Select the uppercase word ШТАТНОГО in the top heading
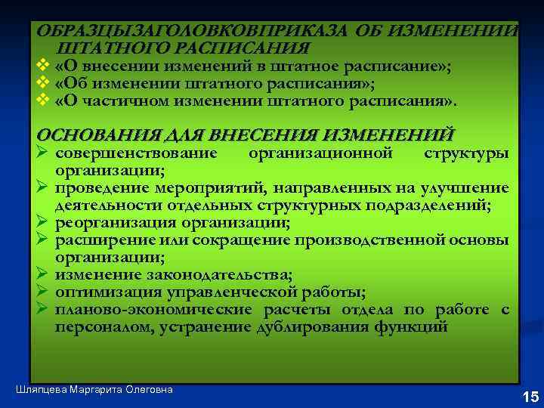point(100,48)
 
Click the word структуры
point(466,154)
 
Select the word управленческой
point(225,292)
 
